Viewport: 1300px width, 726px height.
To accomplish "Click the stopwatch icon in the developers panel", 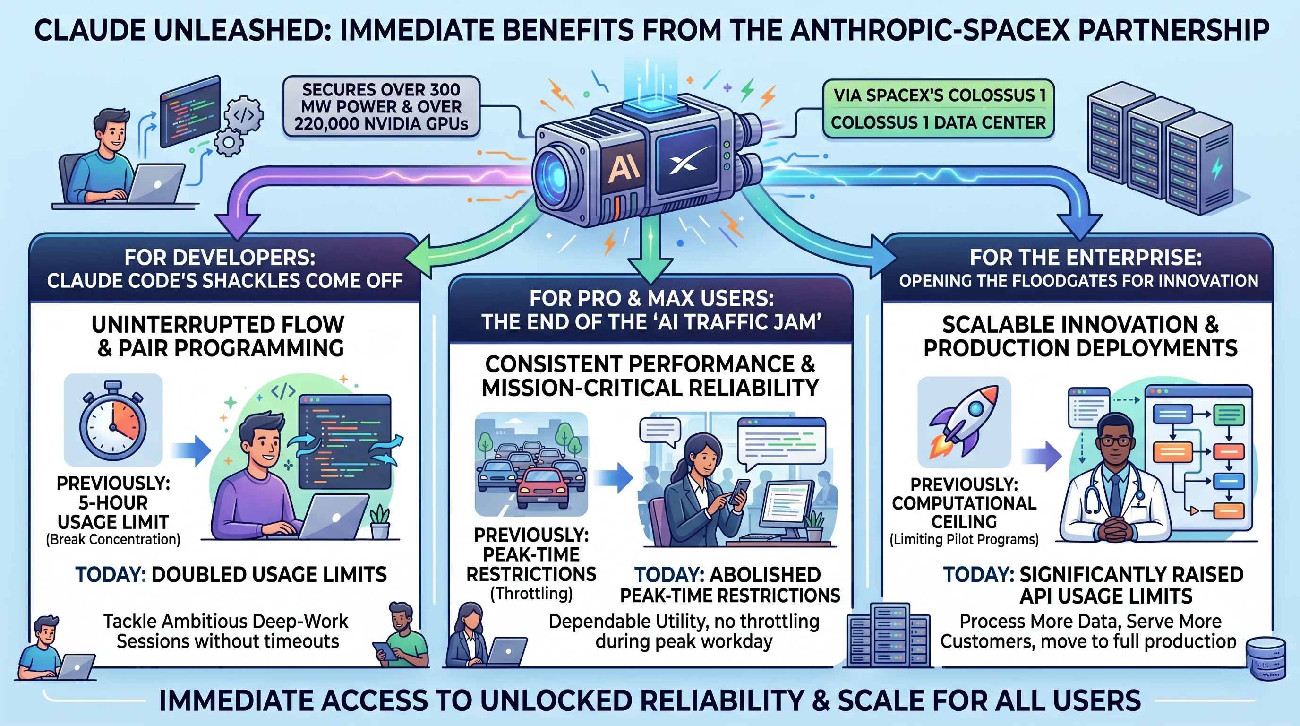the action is coord(113,421).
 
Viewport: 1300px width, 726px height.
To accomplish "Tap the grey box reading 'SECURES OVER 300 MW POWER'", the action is coord(381,106).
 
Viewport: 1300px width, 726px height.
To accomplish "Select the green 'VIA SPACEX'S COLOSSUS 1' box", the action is coord(938,109).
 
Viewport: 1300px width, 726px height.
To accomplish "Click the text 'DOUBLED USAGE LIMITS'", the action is coord(269,575).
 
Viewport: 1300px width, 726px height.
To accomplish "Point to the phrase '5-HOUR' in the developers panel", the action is coord(113,503).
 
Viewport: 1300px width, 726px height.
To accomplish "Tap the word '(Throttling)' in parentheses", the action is coord(531,593).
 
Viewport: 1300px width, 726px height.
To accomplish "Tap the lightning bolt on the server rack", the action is coord(1217,169).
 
